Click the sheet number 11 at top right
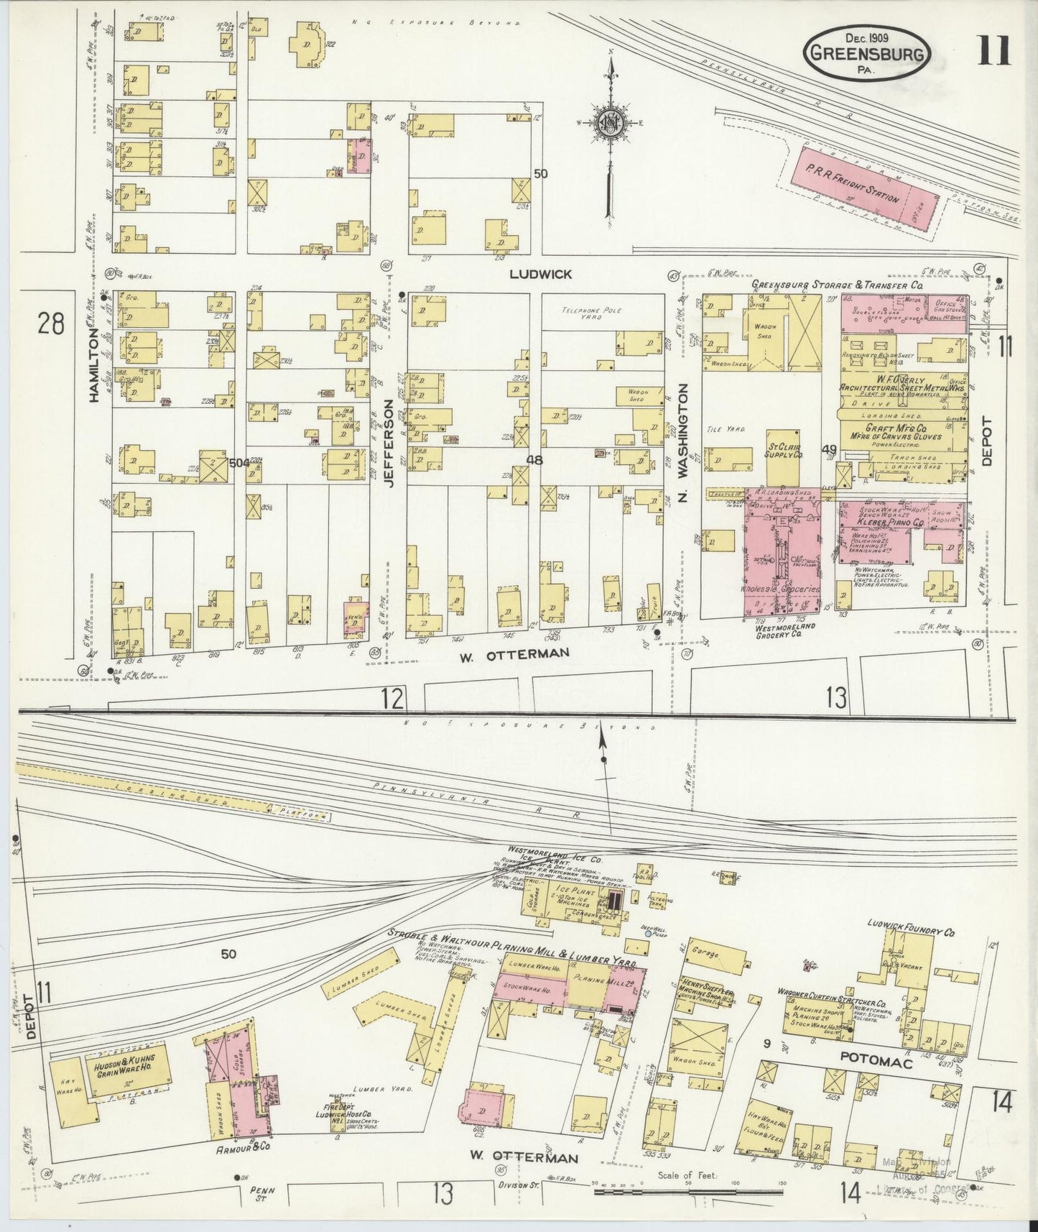pos(993,51)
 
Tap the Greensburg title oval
pos(868,52)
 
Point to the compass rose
pos(609,122)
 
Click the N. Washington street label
pos(683,441)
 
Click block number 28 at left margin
pos(51,324)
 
